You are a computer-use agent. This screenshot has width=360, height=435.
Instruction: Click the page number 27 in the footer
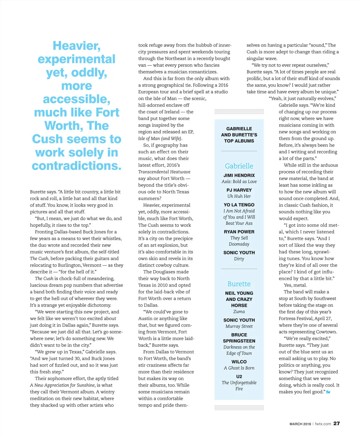(x=337, y=423)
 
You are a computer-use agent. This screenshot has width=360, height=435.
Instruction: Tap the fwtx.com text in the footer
(x=323, y=424)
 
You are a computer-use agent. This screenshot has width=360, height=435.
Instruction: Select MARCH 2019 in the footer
(x=300, y=424)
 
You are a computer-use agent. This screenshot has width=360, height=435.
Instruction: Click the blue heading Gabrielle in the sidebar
(x=239, y=166)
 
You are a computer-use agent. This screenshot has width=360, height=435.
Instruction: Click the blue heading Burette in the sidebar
(x=239, y=284)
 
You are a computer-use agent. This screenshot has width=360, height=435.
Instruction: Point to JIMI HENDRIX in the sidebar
(x=239, y=175)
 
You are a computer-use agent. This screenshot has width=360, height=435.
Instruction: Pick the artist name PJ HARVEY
(x=239, y=190)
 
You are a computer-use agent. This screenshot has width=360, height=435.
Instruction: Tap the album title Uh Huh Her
(x=239, y=196)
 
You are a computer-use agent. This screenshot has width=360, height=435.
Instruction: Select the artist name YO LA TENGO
(x=239, y=205)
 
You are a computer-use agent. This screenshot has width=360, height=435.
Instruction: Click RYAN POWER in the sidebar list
(x=239, y=232)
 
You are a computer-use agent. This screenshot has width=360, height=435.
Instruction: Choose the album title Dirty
(x=239, y=259)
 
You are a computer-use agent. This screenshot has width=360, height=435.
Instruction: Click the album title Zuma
(x=239, y=312)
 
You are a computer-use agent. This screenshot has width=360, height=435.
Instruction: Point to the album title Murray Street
(x=239, y=326)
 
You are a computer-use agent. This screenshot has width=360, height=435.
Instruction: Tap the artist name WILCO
(x=239, y=362)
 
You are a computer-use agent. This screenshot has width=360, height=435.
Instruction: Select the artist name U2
(x=239, y=376)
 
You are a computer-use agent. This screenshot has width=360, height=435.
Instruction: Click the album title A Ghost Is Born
(x=239, y=368)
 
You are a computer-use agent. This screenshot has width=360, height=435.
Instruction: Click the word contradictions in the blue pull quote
(x=76, y=166)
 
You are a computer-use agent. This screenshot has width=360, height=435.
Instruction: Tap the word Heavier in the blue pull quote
(x=76, y=46)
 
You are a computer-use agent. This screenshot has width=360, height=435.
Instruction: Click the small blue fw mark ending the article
(x=328, y=392)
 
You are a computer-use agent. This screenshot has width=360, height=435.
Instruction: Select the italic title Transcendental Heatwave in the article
(x=164, y=172)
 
